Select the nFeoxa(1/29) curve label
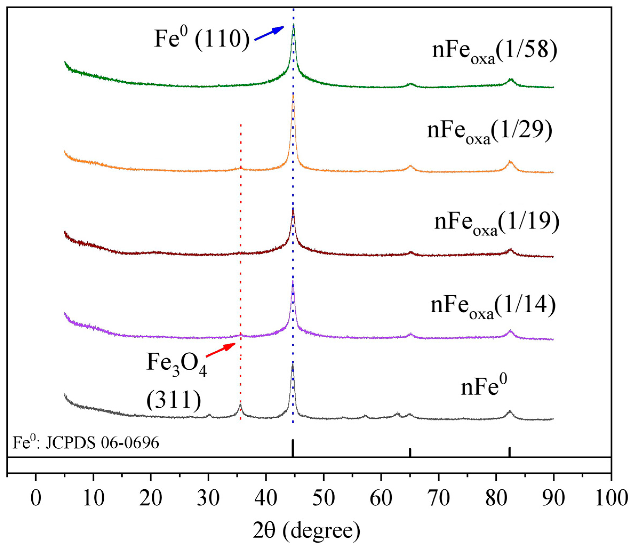pyautogui.click(x=489, y=131)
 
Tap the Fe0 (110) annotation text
pyautogui.click(x=202, y=39)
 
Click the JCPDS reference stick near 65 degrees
pyautogui.click(x=410, y=452)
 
